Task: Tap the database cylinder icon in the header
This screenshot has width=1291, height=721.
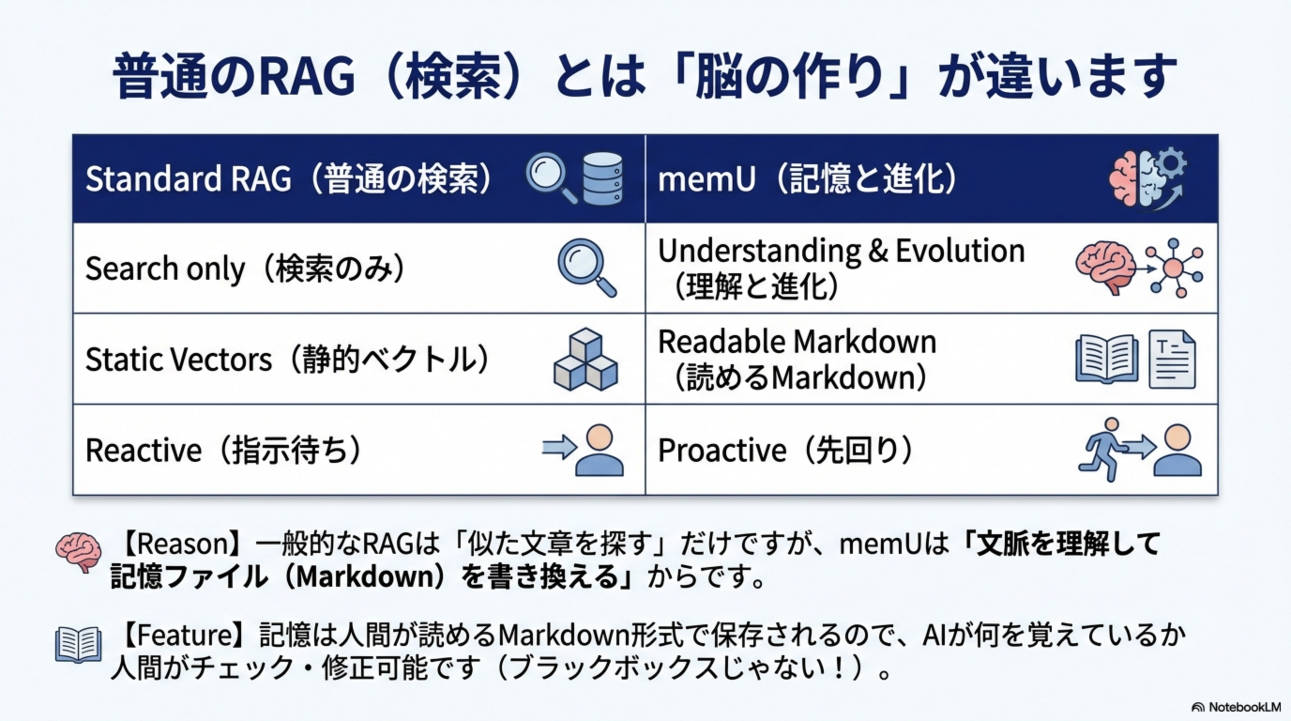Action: pyautogui.click(x=603, y=178)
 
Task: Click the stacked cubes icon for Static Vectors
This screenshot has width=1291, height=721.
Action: pyautogui.click(x=585, y=360)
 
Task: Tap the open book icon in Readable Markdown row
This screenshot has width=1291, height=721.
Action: pyautogui.click(x=1106, y=360)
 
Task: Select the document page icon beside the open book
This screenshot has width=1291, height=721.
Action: pyautogui.click(x=1172, y=360)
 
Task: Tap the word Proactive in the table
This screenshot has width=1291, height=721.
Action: pyautogui.click(x=721, y=450)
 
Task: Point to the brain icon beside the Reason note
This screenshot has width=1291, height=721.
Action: pyautogui.click(x=78, y=552)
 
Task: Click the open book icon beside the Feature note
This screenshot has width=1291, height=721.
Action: pyautogui.click(x=78, y=645)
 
